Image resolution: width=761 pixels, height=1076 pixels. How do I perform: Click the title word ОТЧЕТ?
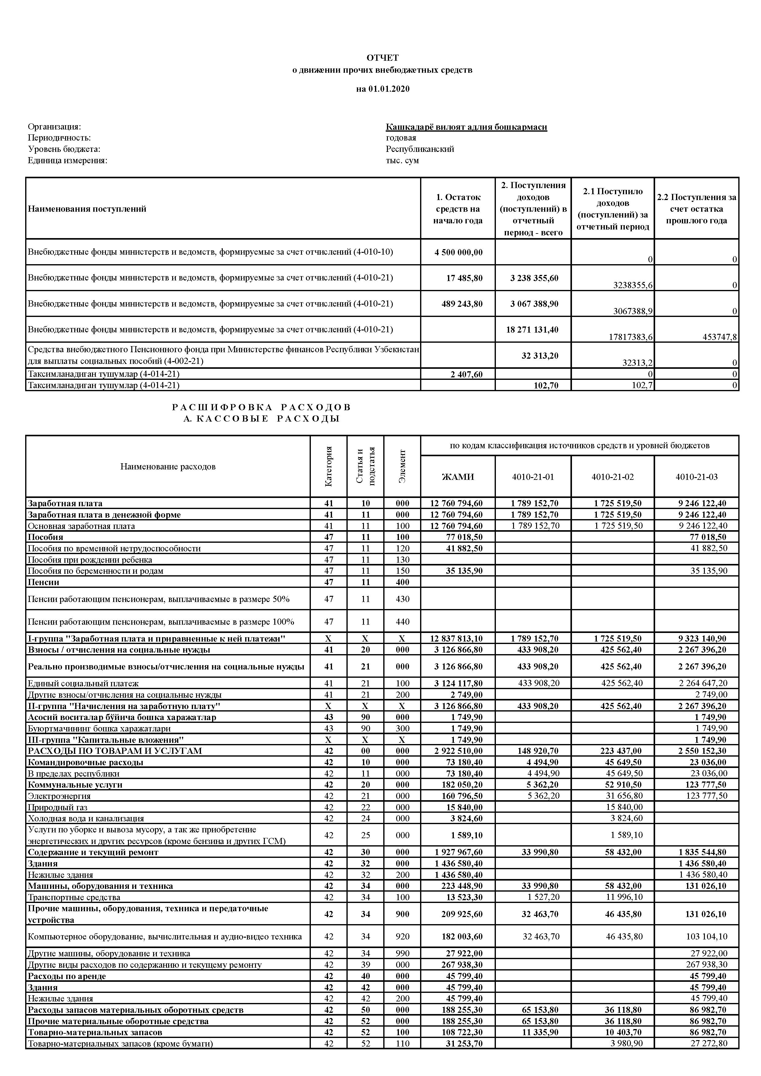(x=382, y=58)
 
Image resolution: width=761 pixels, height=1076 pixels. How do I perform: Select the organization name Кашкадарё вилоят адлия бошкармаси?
(x=466, y=127)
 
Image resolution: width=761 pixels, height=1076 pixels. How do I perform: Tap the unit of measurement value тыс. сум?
(x=402, y=160)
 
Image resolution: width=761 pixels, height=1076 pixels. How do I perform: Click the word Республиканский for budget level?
(x=420, y=149)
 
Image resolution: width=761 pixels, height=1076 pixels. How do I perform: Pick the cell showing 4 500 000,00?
(x=458, y=252)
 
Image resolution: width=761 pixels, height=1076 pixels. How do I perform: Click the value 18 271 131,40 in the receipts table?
(x=532, y=330)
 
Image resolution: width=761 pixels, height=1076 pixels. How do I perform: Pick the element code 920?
(x=403, y=937)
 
